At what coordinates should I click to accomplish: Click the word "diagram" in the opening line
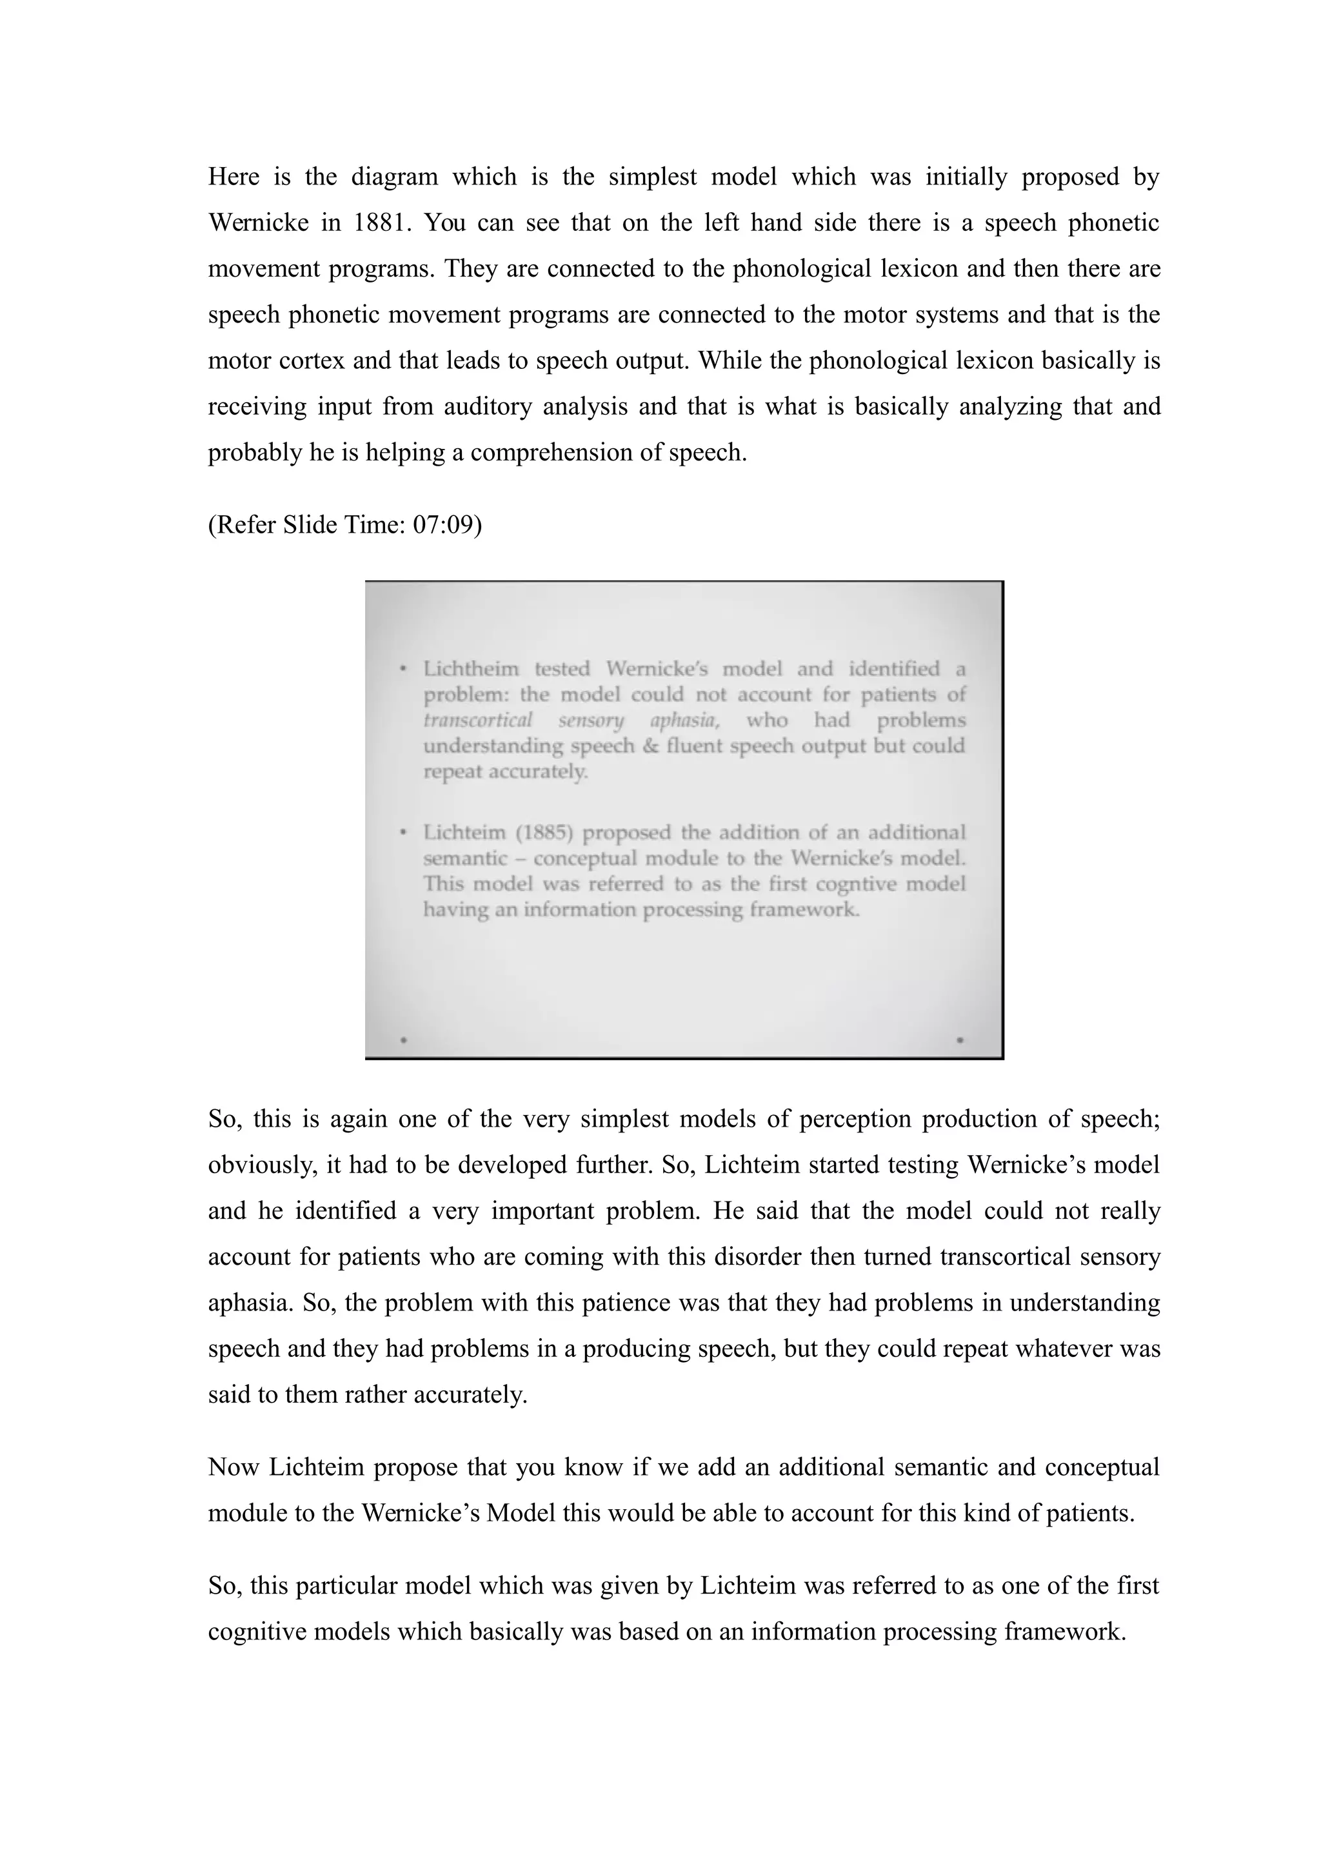[395, 177]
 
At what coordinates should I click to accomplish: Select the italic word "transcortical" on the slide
[478, 720]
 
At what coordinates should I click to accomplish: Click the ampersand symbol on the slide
[650, 746]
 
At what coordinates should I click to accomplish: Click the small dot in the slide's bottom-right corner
[960, 1040]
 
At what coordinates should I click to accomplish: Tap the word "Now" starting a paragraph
[233, 1467]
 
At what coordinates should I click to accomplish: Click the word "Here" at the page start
[233, 177]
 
